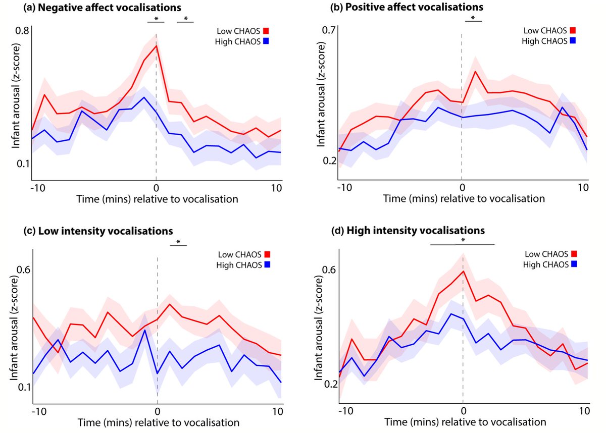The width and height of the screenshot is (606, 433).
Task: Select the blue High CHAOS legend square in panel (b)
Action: pos(573,41)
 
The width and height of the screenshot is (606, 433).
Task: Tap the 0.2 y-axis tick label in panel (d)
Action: pos(330,384)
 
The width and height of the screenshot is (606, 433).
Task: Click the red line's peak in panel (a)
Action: pos(157,46)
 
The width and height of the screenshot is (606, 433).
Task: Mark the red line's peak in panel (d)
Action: pos(463,271)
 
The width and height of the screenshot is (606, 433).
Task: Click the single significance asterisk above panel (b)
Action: pos(473,18)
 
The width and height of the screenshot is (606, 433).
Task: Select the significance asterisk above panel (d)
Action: pos(463,241)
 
